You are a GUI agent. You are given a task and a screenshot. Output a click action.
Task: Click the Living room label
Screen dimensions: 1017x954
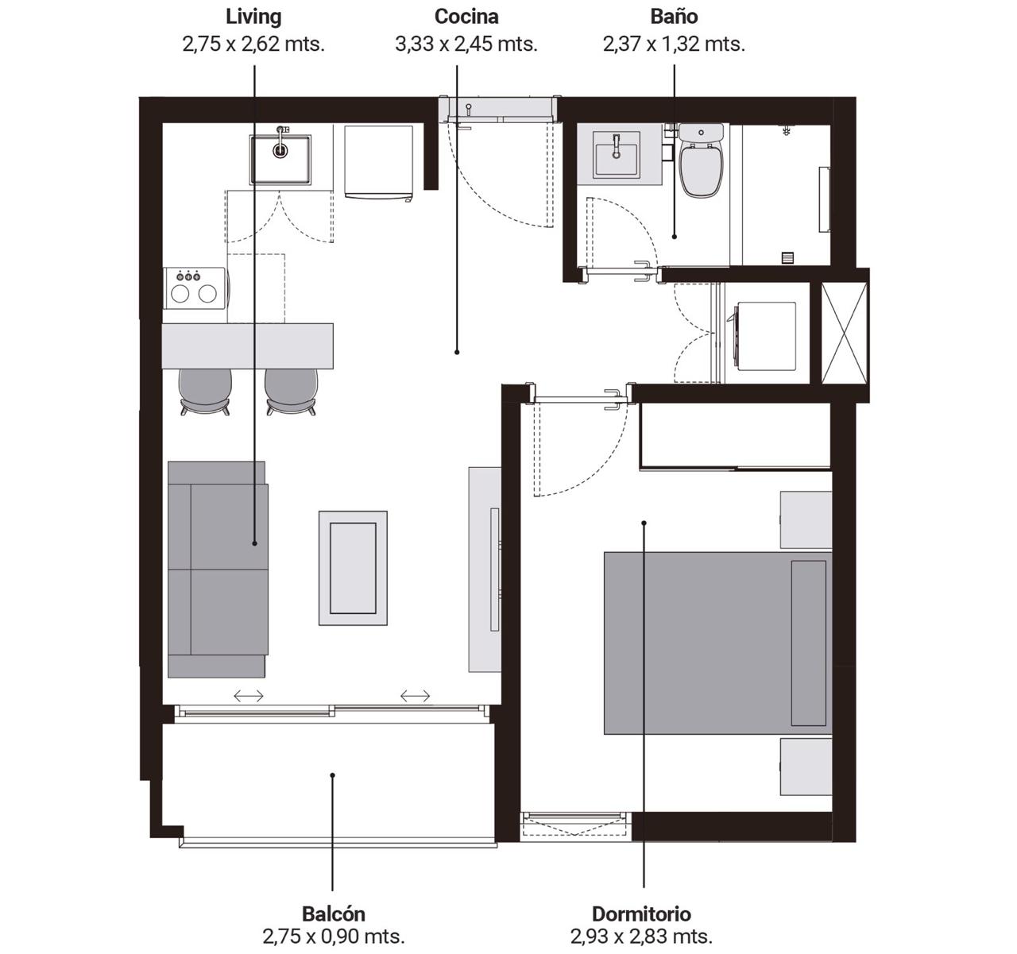(x=253, y=17)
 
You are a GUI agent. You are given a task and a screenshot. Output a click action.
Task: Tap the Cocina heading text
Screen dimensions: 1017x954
(x=466, y=17)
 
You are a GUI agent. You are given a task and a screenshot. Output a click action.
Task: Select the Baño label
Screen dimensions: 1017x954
(x=674, y=17)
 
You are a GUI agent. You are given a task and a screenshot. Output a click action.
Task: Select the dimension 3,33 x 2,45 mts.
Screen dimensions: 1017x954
(x=466, y=44)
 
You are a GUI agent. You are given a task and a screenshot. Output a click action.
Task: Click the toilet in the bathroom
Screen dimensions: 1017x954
(x=701, y=160)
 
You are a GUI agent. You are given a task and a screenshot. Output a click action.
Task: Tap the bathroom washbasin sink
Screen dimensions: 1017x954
(x=617, y=154)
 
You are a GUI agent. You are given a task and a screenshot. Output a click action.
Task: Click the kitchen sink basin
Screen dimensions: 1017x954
(x=280, y=159)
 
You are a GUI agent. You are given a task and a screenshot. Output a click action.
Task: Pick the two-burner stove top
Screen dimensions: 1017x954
(x=194, y=288)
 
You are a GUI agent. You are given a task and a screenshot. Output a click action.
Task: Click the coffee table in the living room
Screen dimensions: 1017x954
(x=354, y=568)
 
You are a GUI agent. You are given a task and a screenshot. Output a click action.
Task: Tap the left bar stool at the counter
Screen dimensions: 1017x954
(x=205, y=392)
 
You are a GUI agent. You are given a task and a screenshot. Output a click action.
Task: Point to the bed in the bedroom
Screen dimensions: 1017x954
(x=717, y=643)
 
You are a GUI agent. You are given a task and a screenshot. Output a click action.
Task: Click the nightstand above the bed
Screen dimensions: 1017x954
(x=806, y=520)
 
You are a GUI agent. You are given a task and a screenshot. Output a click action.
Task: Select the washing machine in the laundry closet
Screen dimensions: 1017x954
(x=763, y=336)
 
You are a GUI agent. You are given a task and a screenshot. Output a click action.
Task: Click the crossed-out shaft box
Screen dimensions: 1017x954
(x=845, y=333)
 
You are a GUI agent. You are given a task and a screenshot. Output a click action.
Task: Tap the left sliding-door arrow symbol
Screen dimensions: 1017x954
(x=249, y=696)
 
